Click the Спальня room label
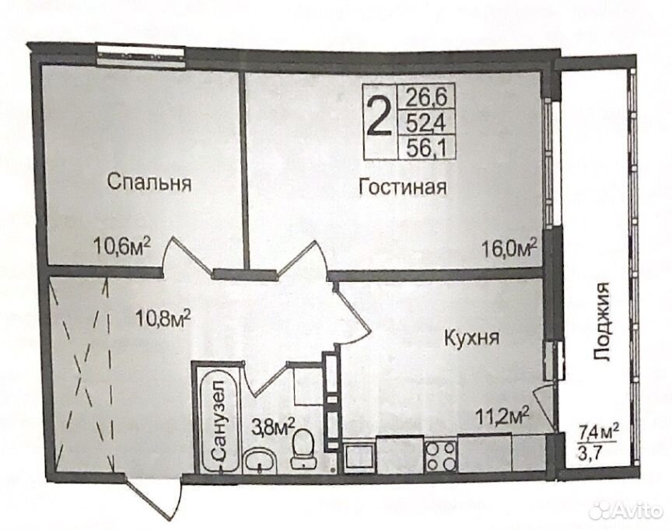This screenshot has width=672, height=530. tap(149, 182)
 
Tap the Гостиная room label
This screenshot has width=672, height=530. tap(403, 187)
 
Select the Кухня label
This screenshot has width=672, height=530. tap(472, 338)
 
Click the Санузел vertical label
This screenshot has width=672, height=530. tap(219, 420)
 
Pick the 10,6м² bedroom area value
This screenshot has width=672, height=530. tap(122, 246)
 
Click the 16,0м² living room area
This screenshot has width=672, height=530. tap(509, 247)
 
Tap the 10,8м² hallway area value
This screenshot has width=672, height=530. tap(163, 318)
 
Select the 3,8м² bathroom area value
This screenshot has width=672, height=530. tap(273, 427)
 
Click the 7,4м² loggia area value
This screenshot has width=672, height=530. tap(598, 431)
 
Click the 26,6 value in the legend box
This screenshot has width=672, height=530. tap(426, 97)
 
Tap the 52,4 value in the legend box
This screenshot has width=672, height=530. tap(426, 124)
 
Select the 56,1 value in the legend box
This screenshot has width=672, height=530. tap(426, 149)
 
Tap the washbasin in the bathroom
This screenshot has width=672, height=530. tap(260, 461)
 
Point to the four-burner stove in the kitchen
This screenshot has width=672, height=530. tap(440, 455)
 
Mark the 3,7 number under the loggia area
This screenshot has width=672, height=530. tap(588, 452)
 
